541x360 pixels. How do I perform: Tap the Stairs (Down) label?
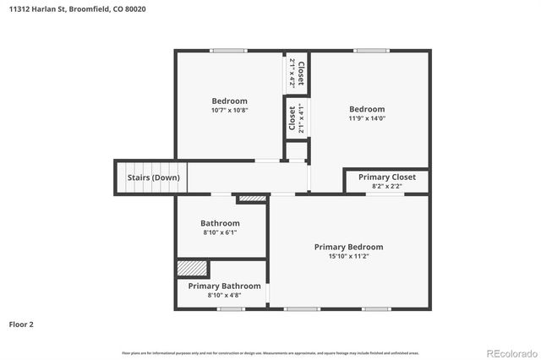tap(153, 177)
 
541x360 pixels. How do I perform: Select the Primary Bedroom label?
tap(348, 247)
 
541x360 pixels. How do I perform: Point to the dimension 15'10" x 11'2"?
tap(348, 256)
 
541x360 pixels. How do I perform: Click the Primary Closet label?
tap(387, 177)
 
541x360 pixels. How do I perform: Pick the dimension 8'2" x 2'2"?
tap(387, 186)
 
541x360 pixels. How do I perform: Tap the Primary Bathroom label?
tap(224, 286)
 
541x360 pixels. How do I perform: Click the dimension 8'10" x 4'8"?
tap(224, 295)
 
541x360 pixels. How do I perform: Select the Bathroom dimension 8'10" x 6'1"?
tap(220, 232)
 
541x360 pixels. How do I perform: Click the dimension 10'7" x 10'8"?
tap(229, 110)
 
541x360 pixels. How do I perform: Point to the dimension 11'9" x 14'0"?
tap(367, 118)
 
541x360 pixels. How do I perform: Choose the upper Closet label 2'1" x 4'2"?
tap(296, 73)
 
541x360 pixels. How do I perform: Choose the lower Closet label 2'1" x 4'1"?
tap(296, 118)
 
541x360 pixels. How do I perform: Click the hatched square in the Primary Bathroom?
tap(193, 268)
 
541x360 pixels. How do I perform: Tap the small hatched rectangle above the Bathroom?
tap(252, 199)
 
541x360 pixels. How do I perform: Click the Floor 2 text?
tap(22, 324)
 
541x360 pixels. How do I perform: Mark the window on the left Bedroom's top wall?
tap(228, 51)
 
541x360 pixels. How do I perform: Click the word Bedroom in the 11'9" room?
tap(367, 109)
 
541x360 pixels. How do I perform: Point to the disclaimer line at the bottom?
tap(270, 352)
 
